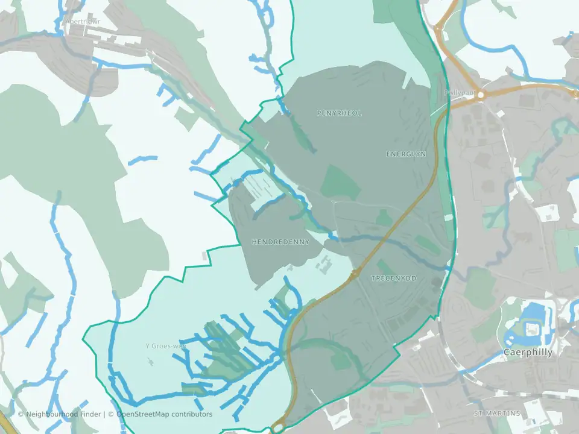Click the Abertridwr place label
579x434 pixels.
click(x=83, y=21)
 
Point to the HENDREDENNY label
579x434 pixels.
click(x=280, y=242)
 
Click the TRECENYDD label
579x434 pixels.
click(x=394, y=278)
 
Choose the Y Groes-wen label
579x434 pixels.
click(x=166, y=346)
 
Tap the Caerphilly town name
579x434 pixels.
click(x=528, y=353)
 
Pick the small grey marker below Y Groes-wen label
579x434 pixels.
click(x=150, y=362)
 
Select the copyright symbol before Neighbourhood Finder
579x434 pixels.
click(x=21, y=414)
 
